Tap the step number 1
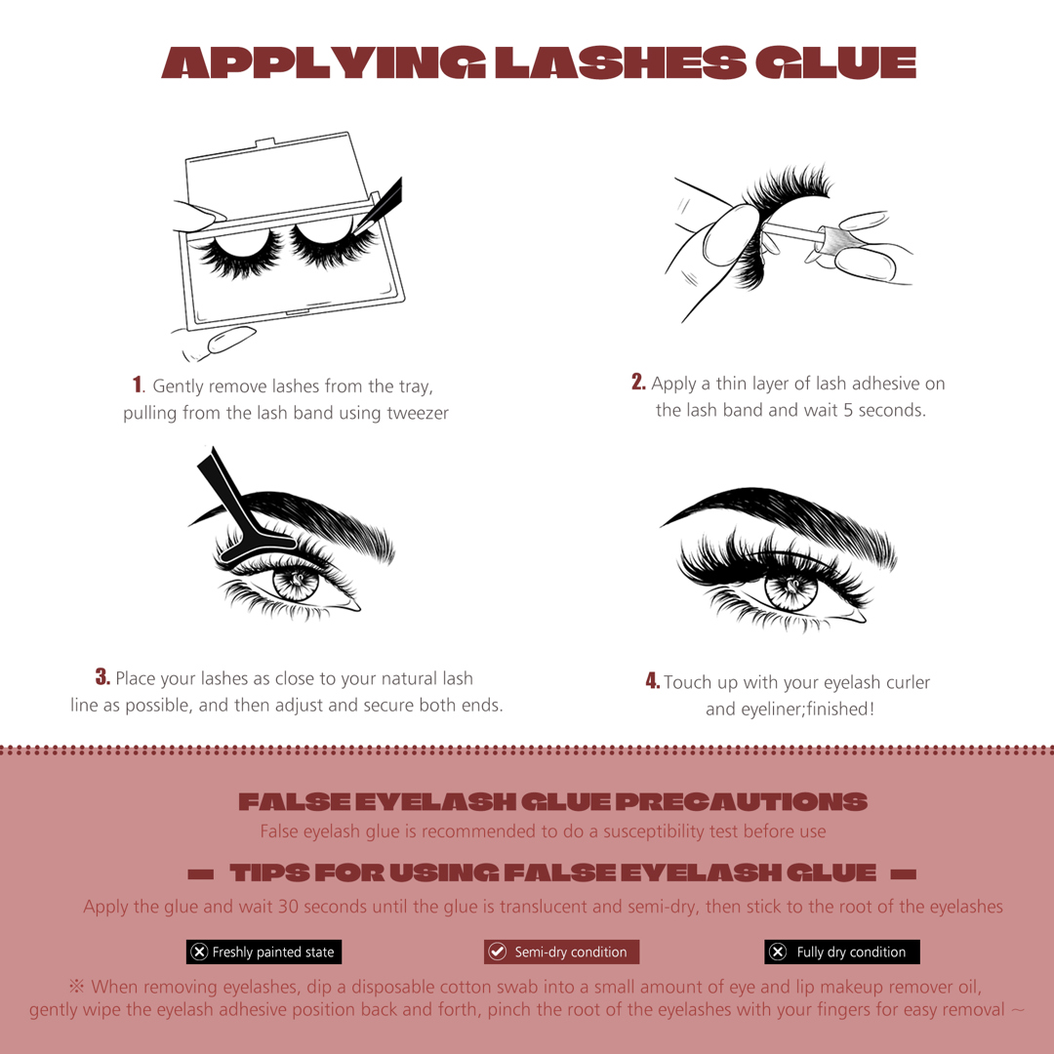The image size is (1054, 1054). coord(138,385)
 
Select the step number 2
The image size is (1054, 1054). coord(638,382)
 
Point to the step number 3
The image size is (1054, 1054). coord(102,676)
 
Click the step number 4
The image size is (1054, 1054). coord(652,680)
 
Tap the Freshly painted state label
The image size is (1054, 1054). coord(264,952)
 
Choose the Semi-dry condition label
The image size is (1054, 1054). coord(561,952)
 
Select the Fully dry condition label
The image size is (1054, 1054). coord(841,952)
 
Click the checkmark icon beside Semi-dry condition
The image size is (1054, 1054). coord(498,952)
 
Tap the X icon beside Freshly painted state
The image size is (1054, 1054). coord(199,952)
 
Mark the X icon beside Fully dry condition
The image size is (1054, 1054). coord(778,952)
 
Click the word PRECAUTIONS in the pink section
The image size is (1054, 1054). coord(742,801)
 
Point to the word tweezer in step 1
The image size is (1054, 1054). coord(418,413)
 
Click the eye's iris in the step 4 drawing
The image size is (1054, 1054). coord(791,589)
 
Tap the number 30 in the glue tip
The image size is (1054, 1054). coord(288,906)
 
